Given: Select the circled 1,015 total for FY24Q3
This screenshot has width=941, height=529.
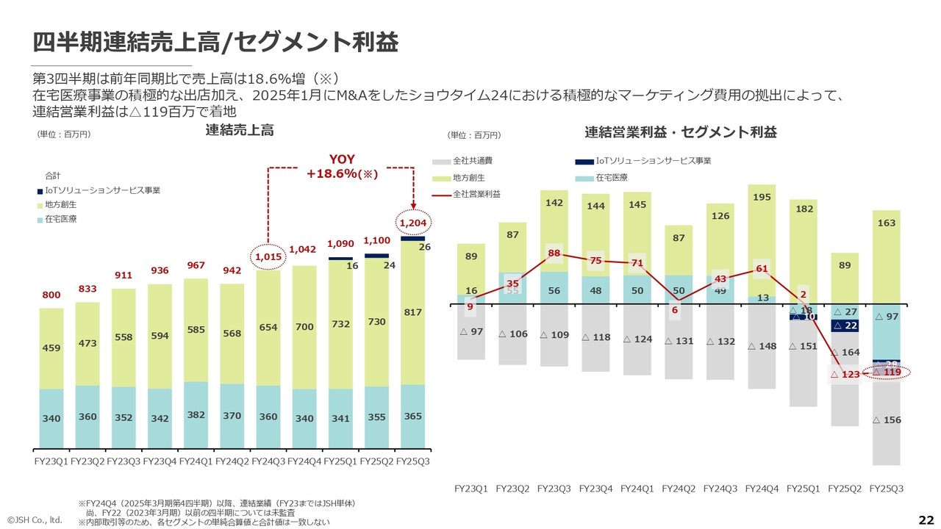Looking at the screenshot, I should tap(268, 256).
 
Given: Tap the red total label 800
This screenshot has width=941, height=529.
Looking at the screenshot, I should tap(51, 295).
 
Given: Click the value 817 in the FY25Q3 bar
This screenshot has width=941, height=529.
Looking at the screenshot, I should tap(413, 312).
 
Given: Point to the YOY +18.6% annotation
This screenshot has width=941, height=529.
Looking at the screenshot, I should tap(341, 167).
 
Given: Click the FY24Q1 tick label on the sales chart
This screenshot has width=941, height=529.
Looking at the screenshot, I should tap(196, 461).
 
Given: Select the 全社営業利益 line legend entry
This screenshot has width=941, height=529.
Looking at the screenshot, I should tap(477, 193).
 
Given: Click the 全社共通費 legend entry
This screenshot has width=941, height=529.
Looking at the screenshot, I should tap(472, 160).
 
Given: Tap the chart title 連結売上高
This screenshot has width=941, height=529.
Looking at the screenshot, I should tap(240, 130).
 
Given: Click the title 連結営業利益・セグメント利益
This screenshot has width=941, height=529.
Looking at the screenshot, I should tap(681, 132).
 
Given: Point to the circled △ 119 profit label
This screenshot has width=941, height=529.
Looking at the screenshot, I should tap(887, 372).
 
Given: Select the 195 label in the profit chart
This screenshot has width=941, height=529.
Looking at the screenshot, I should tap(762, 197).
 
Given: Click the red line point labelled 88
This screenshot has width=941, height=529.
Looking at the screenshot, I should tap(554, 253).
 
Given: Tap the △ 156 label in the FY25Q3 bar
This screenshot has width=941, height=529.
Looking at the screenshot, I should tap(887, 420).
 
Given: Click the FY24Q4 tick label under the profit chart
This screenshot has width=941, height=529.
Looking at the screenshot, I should tap(762, 489).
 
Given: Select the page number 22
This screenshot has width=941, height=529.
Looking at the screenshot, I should tap(926, 519).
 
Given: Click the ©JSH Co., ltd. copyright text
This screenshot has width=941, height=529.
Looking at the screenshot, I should tap(35, 520).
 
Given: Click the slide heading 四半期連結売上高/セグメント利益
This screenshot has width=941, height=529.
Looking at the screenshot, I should tap(215, 42).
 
